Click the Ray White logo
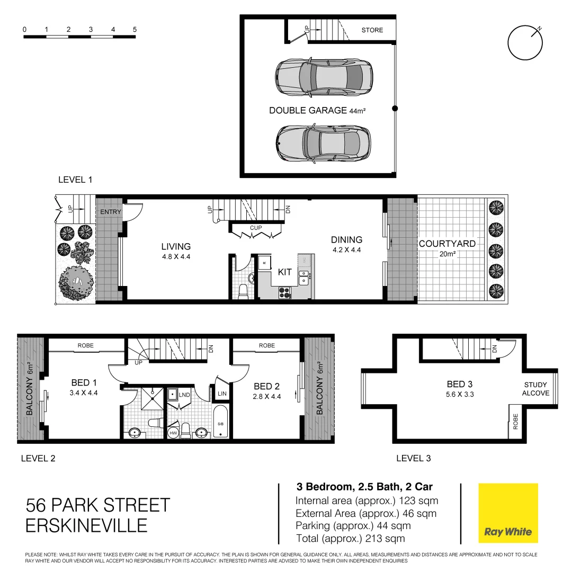tap(508, 513)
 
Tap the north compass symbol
tap(525, 43)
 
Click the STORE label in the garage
tap(372, 30)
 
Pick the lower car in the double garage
tap(324, 143)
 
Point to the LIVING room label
tap(176, 246)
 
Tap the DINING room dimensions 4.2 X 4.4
tap(347, 251)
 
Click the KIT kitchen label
tap(285, 272)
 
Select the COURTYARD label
tap(447, 244)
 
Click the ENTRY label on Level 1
tap(111, 212)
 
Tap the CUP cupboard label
tap(256, 228)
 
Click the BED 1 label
tap(84, 383)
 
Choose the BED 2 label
tap(266, 386)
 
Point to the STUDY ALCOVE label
tap(536, 389)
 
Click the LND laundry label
tap(184, 395)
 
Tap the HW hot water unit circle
tap(173, 433)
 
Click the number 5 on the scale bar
tap(135, 30)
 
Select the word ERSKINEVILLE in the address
tap(86, 525)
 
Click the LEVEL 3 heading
tap(413, 458)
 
